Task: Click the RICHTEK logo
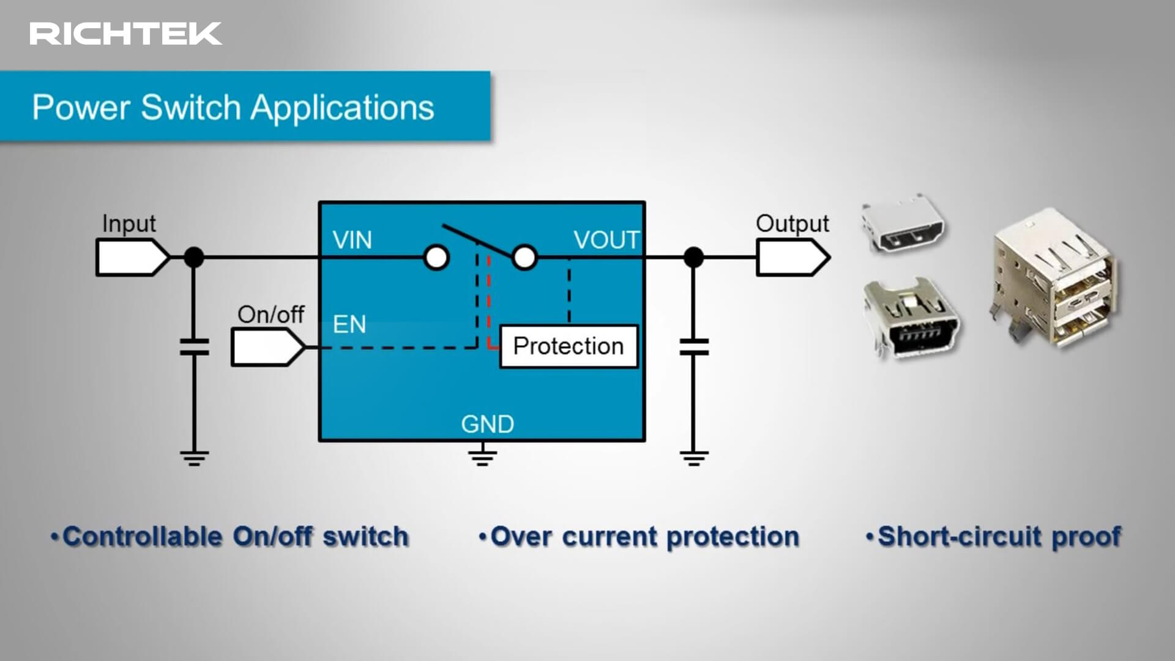[125, 34]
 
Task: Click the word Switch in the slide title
[191, 108]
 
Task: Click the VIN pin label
[352, 240]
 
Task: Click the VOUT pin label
[606, 240]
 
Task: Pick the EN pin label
[349, 324]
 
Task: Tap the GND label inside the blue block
[487, 424]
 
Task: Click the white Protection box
[569, 346]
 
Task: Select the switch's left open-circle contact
[436, 258]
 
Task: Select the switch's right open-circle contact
[524, 258]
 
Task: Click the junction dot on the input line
[194, 257]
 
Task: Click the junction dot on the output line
[693, 257]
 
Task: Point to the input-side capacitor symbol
[194, 347]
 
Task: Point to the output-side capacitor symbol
[694, 347]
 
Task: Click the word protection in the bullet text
[733, 537]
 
